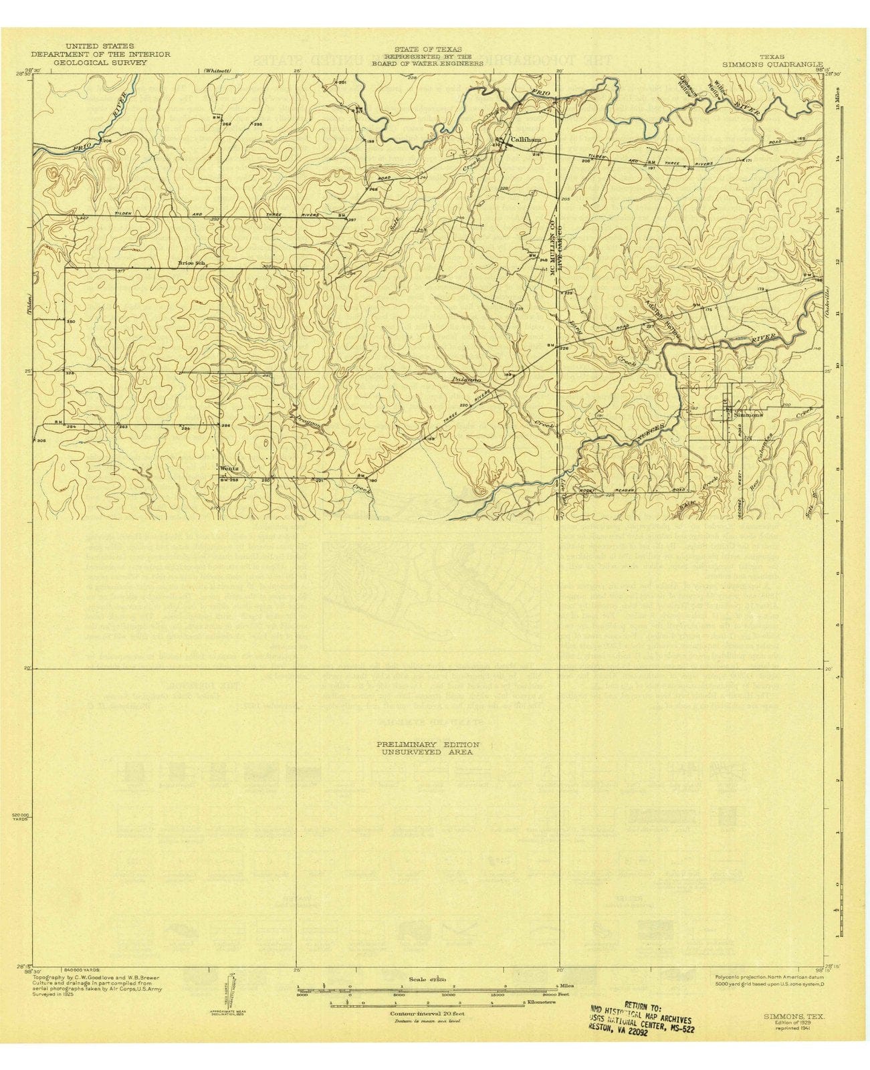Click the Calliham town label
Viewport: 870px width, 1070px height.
point(525,140)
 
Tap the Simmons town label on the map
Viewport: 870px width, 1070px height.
point(748,415)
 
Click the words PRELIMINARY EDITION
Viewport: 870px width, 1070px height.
point(427,744)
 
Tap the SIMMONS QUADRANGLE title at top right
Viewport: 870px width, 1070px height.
point(772,64)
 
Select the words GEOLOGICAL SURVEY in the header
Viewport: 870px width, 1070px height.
point(100,62)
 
